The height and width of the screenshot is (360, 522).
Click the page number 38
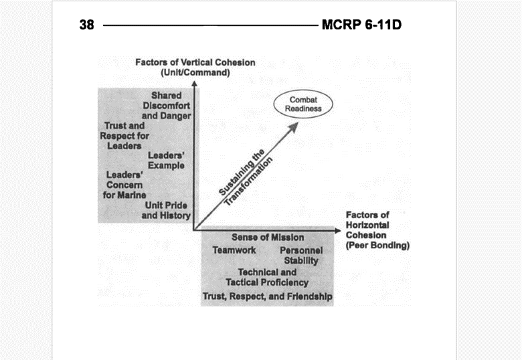(x=86, y=25)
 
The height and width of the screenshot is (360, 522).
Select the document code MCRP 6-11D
(x=361, y=25)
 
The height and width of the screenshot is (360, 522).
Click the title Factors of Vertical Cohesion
(x=195, y=62)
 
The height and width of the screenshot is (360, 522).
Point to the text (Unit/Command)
(x=195, y=72)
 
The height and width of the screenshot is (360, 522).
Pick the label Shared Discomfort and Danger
(x=167, y=106)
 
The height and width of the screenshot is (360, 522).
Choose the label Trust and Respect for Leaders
(x=124, y=136)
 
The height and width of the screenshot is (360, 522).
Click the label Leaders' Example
(x=166, y=161)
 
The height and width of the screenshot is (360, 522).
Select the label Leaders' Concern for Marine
(x=124, y=185)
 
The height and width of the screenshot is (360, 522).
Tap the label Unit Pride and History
(x=166, y=210)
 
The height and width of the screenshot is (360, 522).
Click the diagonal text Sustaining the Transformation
(x=246, y=177)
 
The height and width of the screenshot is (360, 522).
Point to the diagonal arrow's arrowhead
(x=294, y=126)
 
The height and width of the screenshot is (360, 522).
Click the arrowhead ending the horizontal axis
(x=337, y=231)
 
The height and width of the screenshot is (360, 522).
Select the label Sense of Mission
(x=268, y=238)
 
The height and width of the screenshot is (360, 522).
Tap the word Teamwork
(x=234, y=250)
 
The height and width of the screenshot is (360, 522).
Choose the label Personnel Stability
(x=301, y=256)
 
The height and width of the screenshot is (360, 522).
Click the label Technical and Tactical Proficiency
(x=267, y=278)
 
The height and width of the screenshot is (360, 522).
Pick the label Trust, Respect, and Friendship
(x=267, y=296)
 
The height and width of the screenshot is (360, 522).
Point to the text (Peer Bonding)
(x=377, y=246)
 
